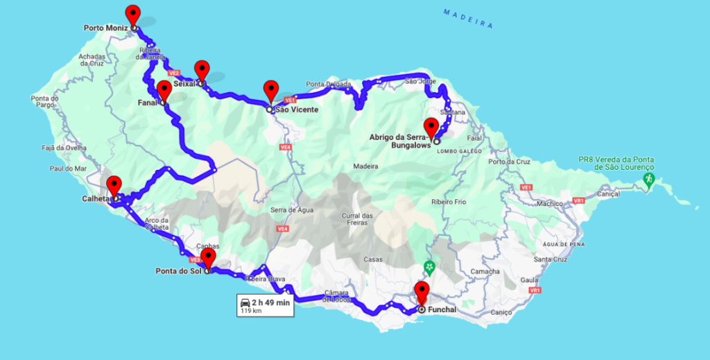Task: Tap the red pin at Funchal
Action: (x=422, y=291)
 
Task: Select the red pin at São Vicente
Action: (x=270, y=91)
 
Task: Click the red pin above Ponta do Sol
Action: (x=208, y=258)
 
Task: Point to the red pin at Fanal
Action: (x=164, y=91)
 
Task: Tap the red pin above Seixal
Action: (x=201, y=70)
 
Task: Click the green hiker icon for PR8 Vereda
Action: (x=648, y=179)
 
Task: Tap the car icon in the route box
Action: (x=245, y=302)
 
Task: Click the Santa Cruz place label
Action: (x=546, y=259)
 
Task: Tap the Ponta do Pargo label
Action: (x=44, y=102)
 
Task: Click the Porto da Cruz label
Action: (x=506, y=162)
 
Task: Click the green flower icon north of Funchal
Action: (x=429, y=267)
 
